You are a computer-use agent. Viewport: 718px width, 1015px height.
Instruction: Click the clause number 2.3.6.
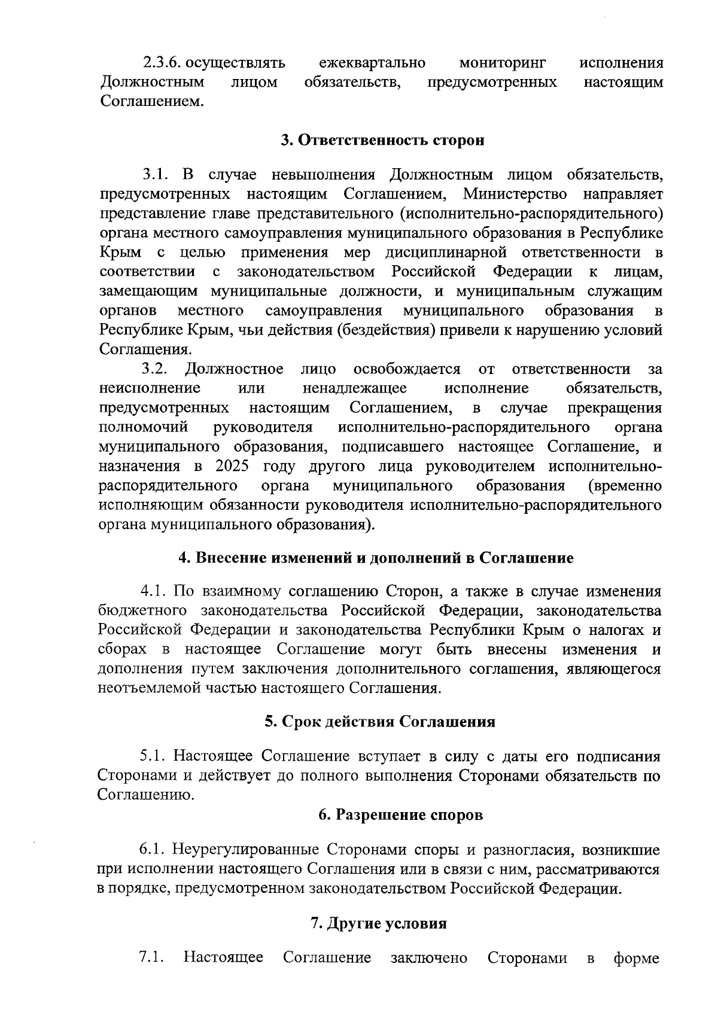point(162,63)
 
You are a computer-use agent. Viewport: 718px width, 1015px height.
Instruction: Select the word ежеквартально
point(372,63)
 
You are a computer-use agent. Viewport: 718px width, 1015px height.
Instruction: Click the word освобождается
point(407,369)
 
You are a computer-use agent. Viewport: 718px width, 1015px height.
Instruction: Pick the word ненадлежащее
point(355,388)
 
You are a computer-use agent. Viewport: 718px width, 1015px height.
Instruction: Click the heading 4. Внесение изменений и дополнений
point(377,558)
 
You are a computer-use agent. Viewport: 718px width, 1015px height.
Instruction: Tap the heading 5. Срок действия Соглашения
point(381,721)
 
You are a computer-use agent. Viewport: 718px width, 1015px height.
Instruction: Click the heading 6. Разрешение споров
point(400,815)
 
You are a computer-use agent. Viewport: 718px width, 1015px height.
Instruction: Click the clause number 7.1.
point(151,957)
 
